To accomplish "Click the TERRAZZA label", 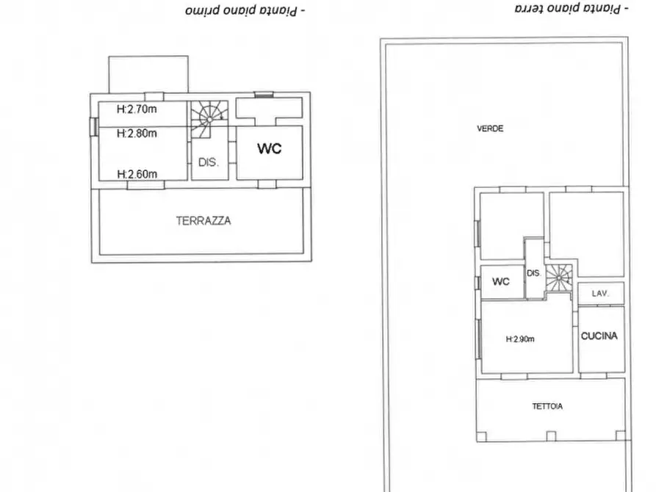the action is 203,220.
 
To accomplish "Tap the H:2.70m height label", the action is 137,109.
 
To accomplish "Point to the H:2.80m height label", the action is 137,134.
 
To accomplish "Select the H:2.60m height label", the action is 137,174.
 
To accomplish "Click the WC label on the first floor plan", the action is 270,148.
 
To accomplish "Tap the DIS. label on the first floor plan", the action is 209,162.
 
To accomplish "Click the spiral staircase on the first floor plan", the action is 209,120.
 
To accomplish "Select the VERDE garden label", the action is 490,129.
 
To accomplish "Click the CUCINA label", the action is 599,336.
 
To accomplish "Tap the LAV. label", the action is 600,294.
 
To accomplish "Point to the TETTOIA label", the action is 547,406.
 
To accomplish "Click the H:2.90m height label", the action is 520,339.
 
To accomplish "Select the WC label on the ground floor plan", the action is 501,281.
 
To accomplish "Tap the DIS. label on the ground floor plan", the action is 534,273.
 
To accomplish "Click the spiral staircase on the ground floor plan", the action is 558,278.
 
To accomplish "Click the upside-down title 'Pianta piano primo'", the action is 245,10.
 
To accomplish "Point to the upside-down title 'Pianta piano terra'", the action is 572,8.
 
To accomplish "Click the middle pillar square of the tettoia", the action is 551,436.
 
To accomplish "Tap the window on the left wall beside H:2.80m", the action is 94,126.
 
